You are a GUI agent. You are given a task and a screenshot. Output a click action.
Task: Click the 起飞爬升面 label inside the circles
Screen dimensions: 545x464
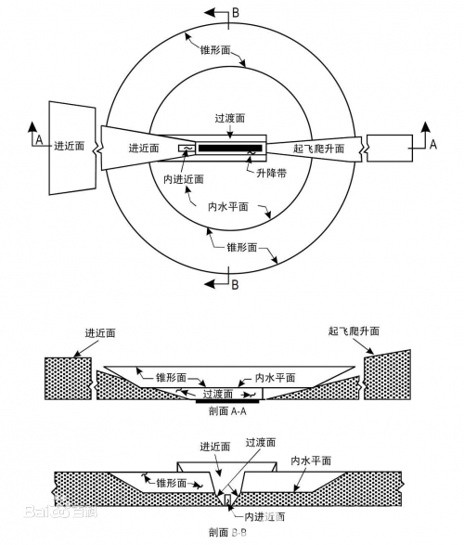[318, 149]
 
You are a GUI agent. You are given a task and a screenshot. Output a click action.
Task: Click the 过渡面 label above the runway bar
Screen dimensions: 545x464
[229, 120]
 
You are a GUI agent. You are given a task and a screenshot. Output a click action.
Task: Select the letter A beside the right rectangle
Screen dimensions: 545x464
[432, 144]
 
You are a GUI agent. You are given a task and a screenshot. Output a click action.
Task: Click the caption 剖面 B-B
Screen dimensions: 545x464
[226, 533]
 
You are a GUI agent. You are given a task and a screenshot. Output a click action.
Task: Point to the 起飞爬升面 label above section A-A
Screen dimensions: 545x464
[354, 331]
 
